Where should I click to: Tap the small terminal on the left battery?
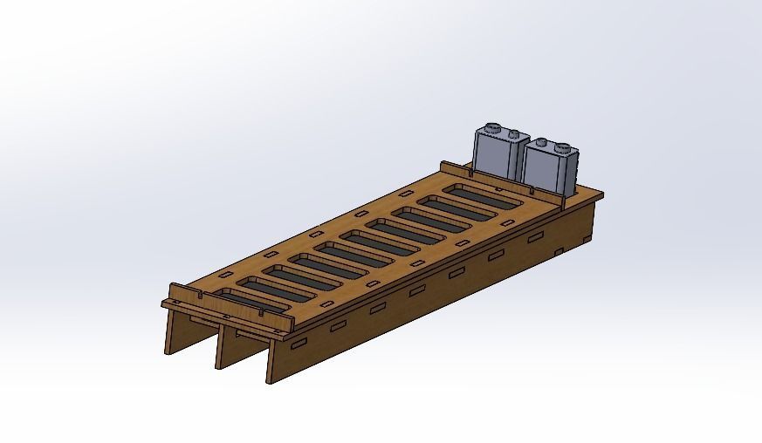coord(514,134)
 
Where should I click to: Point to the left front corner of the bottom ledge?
coord(164,303)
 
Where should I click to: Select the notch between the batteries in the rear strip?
coord(529,187)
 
